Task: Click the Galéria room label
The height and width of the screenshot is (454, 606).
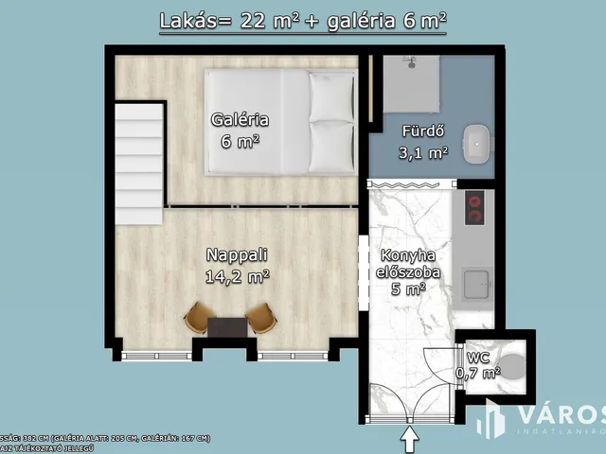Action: coord(239,120)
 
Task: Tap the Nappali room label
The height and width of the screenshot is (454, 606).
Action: coord(237,254)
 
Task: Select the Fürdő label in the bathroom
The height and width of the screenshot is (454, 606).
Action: coord(422,131)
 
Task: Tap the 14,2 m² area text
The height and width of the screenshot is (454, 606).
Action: coord(237,276)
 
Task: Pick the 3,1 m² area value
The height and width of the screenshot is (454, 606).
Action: coord(422,152)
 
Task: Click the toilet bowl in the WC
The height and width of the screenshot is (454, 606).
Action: coord(512,367)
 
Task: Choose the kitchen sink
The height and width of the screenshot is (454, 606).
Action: coord(475,284)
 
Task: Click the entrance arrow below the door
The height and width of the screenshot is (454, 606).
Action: coord(409,440)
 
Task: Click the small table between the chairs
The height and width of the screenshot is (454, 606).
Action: coord(228,326)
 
